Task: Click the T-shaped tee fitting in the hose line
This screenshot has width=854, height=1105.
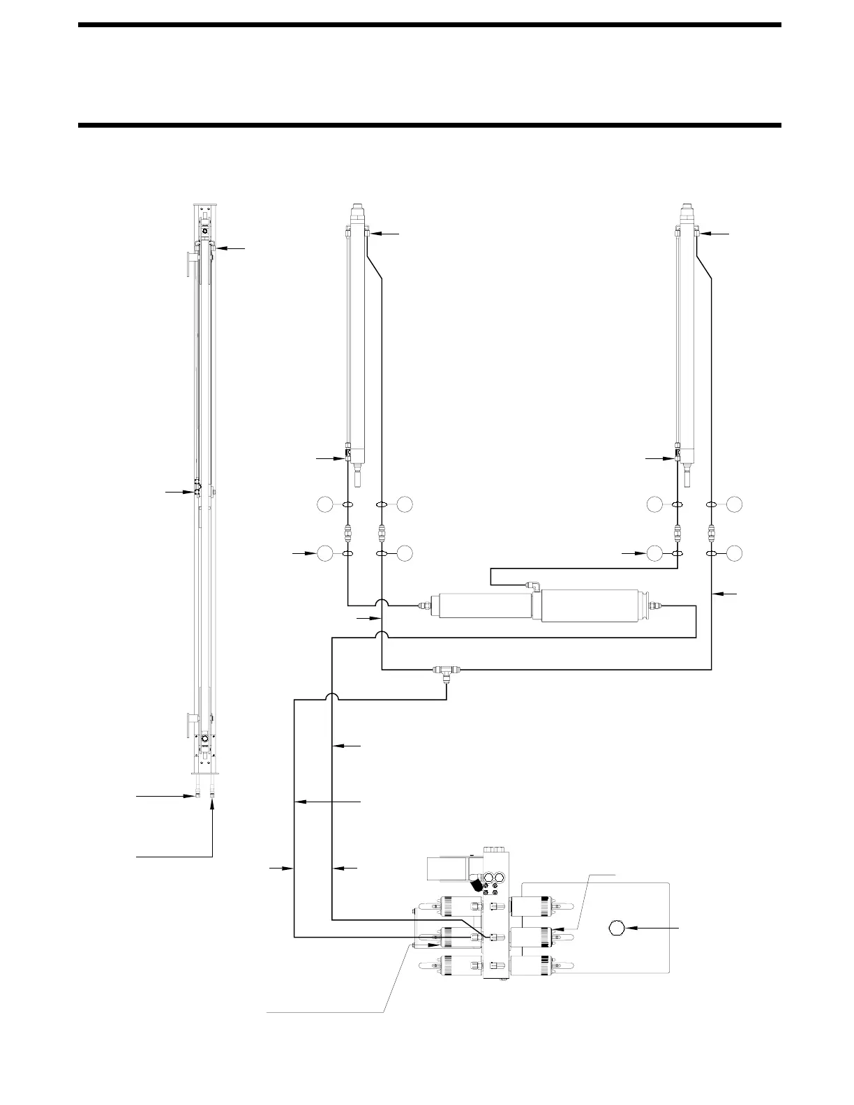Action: (x=447, y=671)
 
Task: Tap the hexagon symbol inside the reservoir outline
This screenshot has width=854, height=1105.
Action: (x=615, y=928)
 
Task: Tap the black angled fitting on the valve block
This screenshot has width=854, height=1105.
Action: (x=477, y=886)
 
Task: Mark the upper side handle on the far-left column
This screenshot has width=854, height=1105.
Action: (x=189, y=265)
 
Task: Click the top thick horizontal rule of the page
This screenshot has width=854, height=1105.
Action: (x=430, y=25)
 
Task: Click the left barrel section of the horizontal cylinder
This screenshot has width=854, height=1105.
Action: (x=480, y=606)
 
